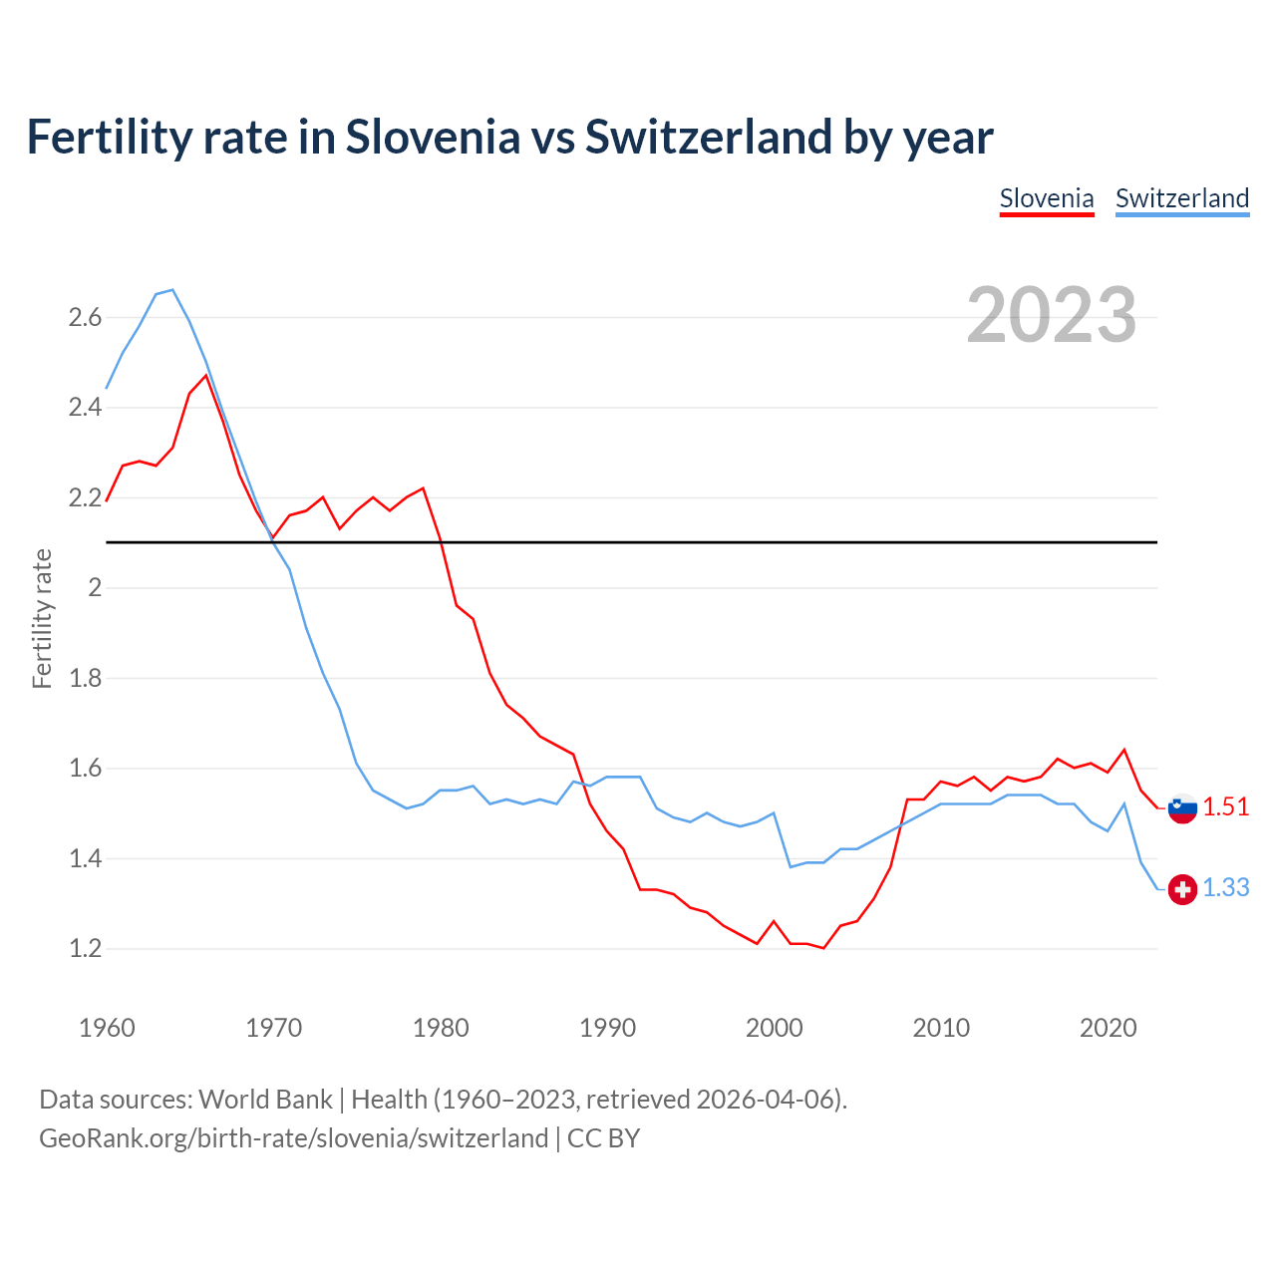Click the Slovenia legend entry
[1047, 198]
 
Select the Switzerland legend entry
[1182, 198]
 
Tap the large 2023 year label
[1052, 315]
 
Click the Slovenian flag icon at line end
[1182, 808]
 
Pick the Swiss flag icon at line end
[1182, 889]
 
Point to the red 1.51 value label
[1225, 807]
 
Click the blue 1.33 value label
[1225, 888]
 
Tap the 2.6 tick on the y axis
[85, 318]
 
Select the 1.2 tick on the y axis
[85, 949]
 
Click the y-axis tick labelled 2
[96, 588]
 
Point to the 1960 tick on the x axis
[107, 1028]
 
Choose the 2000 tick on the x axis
[775, 1028]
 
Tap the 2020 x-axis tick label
[1108, 1028]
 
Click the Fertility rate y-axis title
[42, 618]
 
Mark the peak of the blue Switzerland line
[172, 290]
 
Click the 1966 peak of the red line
[206, 376]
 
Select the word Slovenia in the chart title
[433, 138]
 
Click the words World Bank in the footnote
[265, 1100]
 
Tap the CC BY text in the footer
[603, 1138]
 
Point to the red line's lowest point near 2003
[823, 948]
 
